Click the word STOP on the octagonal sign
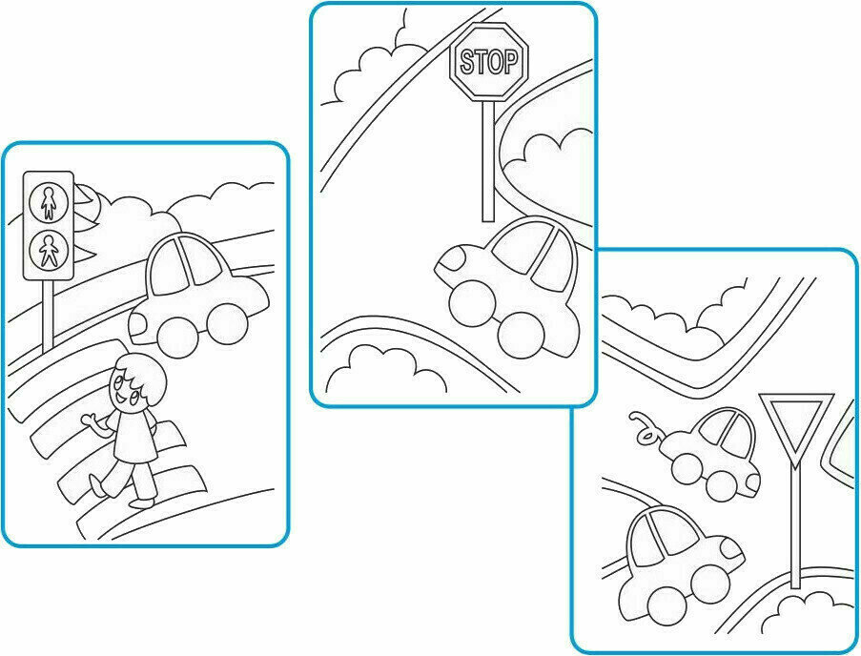pyautogui.click(x=489, y=61)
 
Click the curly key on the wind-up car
pyautogui.click(x=646, y=428)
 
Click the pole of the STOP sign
pyautogui.click(x=488, y=161)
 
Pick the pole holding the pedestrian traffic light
pyautogui.click(x=49, y=315)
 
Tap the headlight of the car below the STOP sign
pyautogui.click(x=453, y=257)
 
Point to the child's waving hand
pyautogui.click(x=91, y=421)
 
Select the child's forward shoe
pyautogui.click(x=142, y=502)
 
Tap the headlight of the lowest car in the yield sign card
pyautogui.click(x=733, y=548)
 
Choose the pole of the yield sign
pyautogui.click(x=795, y=527)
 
